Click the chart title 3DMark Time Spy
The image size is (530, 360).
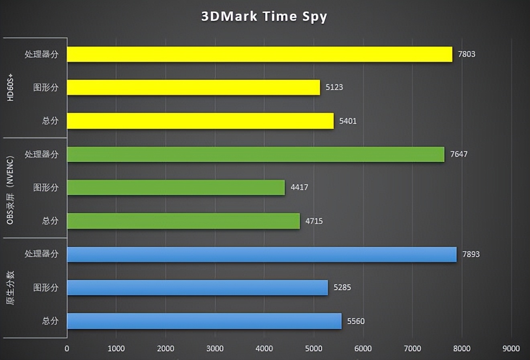pos(264,17)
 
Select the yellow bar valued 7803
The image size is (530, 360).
pos(259,54)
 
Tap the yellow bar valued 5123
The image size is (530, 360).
pos(194,87)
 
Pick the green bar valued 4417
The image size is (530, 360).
pos(176,188)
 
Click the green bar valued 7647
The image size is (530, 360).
pos(256,154)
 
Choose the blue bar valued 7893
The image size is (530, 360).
pos(262,254)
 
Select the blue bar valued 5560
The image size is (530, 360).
pos(204,321)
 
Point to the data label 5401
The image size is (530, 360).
pos(348,121)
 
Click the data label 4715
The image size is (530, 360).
pos(314,221)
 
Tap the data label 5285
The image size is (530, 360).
pos(342,288)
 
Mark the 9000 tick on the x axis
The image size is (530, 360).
pos(511,348)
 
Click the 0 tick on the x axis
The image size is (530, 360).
pos(67,348)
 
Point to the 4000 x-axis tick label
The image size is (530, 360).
pos(264,348)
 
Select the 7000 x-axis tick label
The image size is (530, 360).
pos(412,348)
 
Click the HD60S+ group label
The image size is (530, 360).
pos(11,88)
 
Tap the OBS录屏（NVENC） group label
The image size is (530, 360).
pos(11,188)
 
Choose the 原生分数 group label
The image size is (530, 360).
pos(11,288)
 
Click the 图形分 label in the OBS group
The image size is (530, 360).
pos(46,188)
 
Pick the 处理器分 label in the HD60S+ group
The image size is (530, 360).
pos(42,54)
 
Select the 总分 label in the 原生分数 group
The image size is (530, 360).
pos(50,321)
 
